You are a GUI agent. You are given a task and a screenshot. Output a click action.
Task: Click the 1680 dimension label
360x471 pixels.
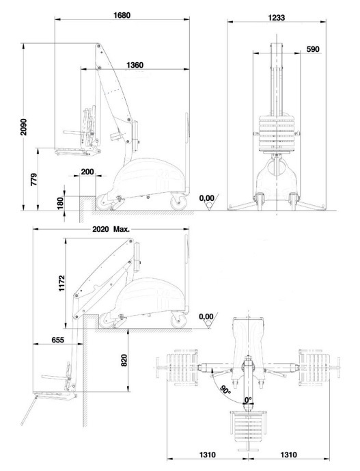[x=122, y=15]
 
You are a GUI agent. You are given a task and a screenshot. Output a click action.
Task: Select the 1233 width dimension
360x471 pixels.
[x=276, y=18]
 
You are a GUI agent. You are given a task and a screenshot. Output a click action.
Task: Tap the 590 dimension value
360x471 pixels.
[x=313, y=49]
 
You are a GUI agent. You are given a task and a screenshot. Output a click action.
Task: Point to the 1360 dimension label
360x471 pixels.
[x=135, y=65]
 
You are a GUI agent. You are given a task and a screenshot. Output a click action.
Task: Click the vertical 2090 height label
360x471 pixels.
[x=24, y=126]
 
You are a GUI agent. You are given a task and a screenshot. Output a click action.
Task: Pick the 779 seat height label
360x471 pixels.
[x=34, y=179]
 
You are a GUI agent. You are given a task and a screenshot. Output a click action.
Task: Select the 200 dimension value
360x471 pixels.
[x=87, y=172]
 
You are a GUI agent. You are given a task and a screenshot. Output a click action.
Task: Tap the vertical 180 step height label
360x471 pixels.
[x=60, y=203]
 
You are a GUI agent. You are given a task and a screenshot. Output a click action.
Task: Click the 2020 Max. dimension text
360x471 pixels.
[x=111, y=229]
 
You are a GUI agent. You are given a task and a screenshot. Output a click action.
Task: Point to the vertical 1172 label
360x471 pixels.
[x=62, y=282]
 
